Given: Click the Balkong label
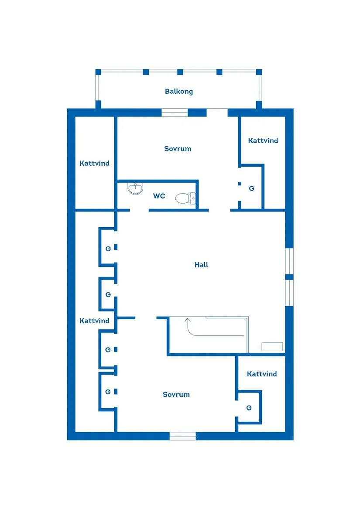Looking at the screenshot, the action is click(179, 91).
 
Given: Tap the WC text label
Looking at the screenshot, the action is click(159, 196).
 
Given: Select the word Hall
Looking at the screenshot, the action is click(202, 265).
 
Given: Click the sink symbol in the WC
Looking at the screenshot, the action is click(135, 188).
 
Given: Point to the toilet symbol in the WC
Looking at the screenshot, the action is click(185, 198).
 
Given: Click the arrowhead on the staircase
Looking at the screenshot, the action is click(188, 321).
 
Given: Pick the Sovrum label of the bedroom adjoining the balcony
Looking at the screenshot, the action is click(178, 149).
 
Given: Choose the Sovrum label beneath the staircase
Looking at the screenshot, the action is click(176, 394).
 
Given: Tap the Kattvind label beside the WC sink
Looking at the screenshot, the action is click(94, 163).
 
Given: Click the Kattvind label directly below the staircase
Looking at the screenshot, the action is click(262, 374).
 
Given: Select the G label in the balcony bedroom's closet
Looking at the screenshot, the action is click(251, 188).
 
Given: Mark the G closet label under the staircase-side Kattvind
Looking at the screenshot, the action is click(249, 408).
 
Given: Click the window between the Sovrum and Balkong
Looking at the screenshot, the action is click(175, 113).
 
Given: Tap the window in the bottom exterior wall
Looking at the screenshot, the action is click(182, 436).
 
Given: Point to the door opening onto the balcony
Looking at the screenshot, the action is click(217, 113).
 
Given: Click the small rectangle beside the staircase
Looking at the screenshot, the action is click(272, 346).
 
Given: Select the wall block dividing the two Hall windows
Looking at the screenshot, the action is click(289, 277).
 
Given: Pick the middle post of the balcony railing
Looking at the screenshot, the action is click(180, 72).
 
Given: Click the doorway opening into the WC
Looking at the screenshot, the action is click(139, 210).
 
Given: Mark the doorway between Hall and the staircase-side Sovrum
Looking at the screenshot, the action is click(146, 318).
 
